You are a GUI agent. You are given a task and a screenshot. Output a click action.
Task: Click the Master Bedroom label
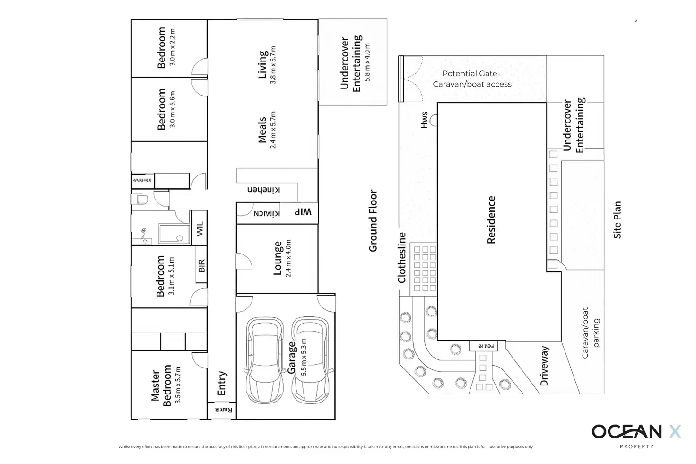point(161,385)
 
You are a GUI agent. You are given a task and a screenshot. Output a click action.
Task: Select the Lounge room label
point(278,258)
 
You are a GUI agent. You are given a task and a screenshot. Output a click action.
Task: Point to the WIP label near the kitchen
point(304,212)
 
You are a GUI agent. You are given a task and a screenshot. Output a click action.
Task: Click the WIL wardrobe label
point(200,229)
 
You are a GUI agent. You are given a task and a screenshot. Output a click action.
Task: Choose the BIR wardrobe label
point(201,266)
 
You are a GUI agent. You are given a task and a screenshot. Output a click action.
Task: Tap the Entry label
point(222,383)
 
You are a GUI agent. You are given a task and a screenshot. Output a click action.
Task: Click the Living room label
point(262,64)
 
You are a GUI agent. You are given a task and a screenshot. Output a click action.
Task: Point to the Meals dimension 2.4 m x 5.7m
point(273,130)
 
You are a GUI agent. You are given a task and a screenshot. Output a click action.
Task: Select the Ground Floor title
point(373,221)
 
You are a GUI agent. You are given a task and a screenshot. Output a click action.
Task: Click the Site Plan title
point(617,220)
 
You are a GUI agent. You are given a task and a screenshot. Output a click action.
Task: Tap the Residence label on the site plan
point(491,220)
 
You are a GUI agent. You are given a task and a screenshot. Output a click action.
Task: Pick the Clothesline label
point(402,258)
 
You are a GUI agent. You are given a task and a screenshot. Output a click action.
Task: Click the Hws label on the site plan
point(424,120)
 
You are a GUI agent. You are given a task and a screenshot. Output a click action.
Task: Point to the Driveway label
point(544,366)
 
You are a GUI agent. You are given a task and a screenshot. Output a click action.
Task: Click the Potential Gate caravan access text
point(472,79)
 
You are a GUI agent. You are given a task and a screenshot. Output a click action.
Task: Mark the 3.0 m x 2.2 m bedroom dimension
point(172,47)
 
